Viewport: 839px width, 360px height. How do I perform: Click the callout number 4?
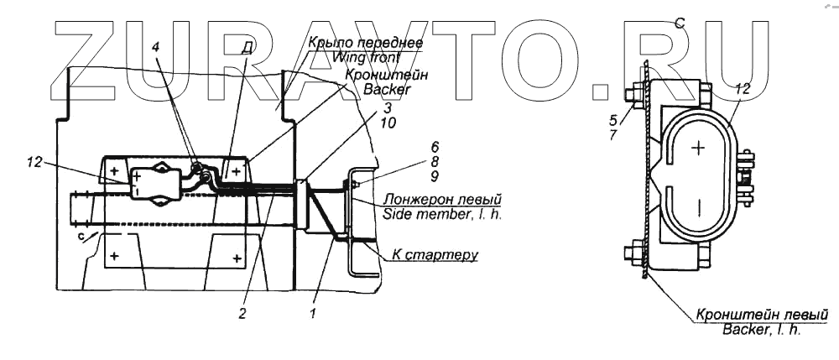tap(154, 49)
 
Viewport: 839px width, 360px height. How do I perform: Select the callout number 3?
tap(388, 108)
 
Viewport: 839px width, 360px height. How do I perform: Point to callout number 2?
tap(242, 314)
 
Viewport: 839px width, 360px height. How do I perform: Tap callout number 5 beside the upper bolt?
tap(613, 119)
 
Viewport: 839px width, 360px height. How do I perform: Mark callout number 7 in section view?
tap(613, 133)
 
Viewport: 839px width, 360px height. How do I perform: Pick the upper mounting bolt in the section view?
tap(638, 89)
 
